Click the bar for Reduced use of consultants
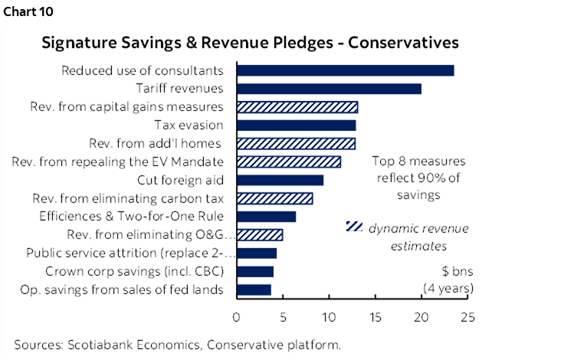(345, 70)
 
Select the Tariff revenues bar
(329, 89)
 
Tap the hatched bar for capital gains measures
(297, 107)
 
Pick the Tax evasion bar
(296, 125)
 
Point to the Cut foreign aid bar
(280, 180)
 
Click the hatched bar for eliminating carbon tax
(274, 198)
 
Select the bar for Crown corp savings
(255, 271)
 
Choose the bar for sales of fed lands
(254, 290)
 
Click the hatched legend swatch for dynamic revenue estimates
(354, 227)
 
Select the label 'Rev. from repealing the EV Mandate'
(118, 162)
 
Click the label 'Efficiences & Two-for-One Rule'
(131, 217)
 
